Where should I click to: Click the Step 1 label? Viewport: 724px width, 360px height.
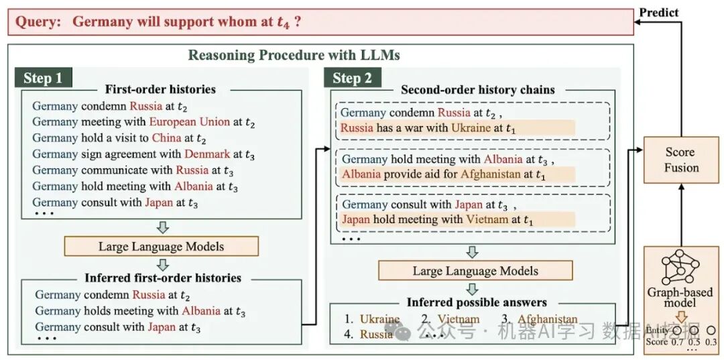coord(43,78)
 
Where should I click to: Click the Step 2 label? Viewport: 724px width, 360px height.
coord(352,78)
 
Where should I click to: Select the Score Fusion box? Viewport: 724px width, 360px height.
coord(681,160)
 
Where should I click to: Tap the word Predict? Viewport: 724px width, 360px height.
coord(658,12)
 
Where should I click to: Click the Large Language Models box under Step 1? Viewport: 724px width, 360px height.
coord(161,246)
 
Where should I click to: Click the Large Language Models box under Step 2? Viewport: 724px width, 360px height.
coord(475,271)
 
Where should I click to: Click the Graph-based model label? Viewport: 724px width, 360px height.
coord(680,297)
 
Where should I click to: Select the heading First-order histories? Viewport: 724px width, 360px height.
coord(161,89)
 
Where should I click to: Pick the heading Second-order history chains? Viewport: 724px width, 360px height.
coord(478,89)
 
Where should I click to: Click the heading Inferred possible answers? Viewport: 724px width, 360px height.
coord(477,302)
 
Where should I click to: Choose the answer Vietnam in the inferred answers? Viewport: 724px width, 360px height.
coord(459,319)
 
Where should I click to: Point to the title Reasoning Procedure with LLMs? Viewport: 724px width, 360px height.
coord(304,55)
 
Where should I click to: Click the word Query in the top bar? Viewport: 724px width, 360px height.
coord(38,21)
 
